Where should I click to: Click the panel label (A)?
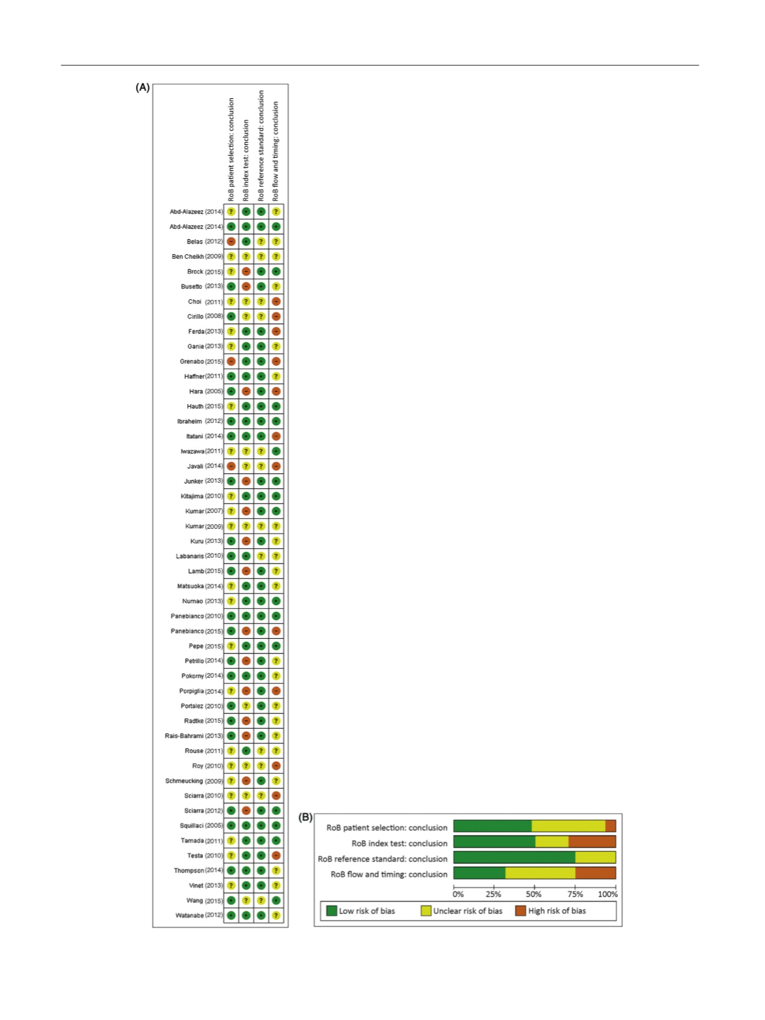(x=142, y=88)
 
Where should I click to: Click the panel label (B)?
(x=305, y=817)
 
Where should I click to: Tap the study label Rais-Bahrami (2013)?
(x=194, y=736)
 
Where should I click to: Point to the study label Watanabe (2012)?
(x=199, y=915)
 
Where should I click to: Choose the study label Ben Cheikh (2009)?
(x=197, y=256)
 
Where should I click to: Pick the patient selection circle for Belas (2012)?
(x=231, y=242)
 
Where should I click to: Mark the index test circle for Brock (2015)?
(x=246, y=272)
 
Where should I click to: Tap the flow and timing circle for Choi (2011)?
(x=276, y=302)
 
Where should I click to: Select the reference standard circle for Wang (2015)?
(x=261, y=901)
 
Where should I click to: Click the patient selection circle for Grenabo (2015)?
(x=231, y=361)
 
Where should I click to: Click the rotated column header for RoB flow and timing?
(x=276, y=151)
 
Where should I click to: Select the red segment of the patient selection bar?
(x=610, y=826)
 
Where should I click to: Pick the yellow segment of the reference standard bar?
(x=595, y=858)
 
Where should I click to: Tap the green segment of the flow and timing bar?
(x=479, y=873)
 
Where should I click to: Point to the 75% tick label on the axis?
(x=575, y=894)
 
